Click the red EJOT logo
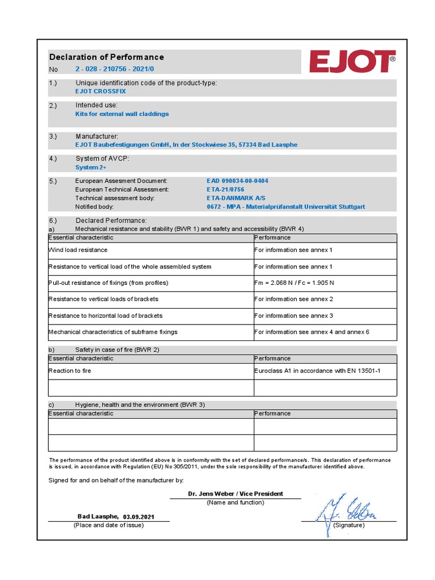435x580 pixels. (352, 62)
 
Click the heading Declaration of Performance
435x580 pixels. (106, 57)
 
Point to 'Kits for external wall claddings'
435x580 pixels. (122, 114)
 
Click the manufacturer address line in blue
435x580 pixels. (186, 144)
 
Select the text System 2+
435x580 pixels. (91, 168)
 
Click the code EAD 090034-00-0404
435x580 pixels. (238, 181)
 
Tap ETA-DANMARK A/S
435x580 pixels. (236, 198)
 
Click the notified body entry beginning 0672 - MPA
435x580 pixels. (286, 207)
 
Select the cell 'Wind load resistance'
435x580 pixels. (78, 250)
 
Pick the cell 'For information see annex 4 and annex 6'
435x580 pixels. (312, 332)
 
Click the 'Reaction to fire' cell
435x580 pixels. (70, 371)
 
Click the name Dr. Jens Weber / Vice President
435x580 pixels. (236, 494)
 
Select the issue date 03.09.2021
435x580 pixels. (138, 517)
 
